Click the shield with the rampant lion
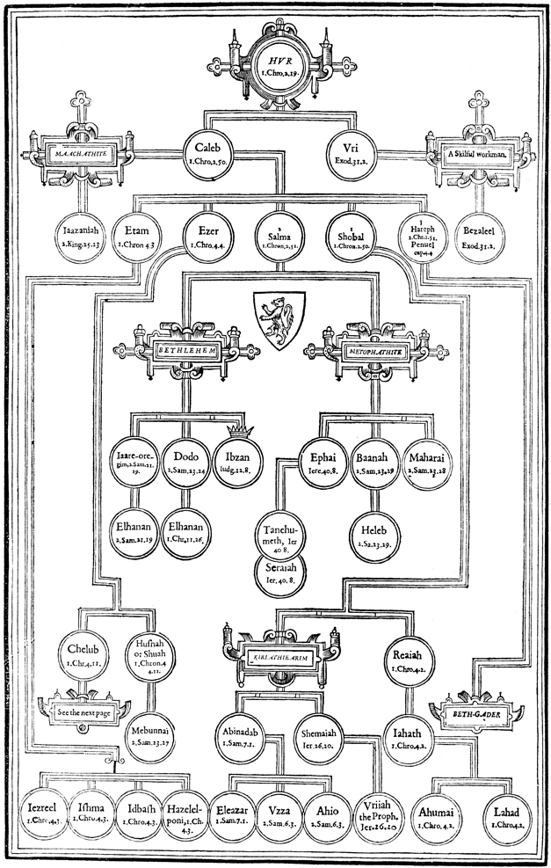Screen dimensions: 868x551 (279, 314)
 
